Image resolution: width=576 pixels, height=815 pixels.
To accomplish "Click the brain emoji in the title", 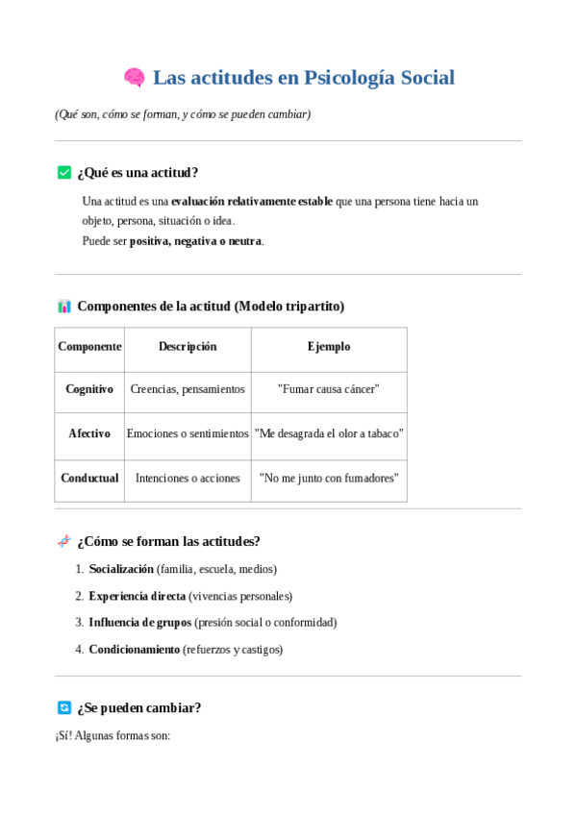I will pyautogui.click(x=134, y=78).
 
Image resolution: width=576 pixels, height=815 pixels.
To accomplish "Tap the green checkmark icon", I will pyautogui.click(x=64, y=172).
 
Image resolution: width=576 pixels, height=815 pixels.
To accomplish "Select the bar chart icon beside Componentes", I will pyautogui.click(x=64, y=307).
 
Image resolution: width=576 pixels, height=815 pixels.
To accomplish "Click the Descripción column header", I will pyautogui.click(x=188, y=347).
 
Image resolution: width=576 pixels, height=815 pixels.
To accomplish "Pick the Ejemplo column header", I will pyautogui.click(x=329, y=347).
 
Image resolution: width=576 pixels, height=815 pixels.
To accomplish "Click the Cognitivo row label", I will pyautogui.click(x=89, y=389).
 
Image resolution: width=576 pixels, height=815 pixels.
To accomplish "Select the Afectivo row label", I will pyautogui.click(x=89, y=433).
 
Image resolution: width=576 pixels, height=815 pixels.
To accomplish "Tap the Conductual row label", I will pyautogui.click(x=89, y=478).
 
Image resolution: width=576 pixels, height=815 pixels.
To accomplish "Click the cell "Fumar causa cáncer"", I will pyautogui.click(x=329, y=389).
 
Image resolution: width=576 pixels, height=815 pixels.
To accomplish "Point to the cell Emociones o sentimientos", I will pyautogui.click(x=188, y=433).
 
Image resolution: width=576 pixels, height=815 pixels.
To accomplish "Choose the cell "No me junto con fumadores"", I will pyautogui.click(x=329, y=478).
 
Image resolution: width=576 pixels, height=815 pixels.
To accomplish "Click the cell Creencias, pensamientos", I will pyautogui.click(x=188, y=389).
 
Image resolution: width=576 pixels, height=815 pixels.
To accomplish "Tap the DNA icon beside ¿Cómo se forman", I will pyautogui.click(x=64, y=541).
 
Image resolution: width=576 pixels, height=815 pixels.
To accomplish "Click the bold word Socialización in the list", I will pyautogui.click(x=121, y=569).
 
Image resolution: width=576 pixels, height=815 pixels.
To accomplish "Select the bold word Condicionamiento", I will pyautogui.click(x=135, y=650).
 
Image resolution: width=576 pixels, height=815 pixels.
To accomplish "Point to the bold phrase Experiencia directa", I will pyautogui.click(x=137, y=596).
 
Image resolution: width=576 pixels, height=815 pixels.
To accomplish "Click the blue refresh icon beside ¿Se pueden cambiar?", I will pyautogui.click(x=64, y=707).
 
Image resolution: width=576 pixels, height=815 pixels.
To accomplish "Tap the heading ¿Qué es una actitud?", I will pyautogui.click(x=138, y=172).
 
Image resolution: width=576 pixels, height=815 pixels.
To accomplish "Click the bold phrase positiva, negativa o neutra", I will pyautogui.click(x=195, y=241).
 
